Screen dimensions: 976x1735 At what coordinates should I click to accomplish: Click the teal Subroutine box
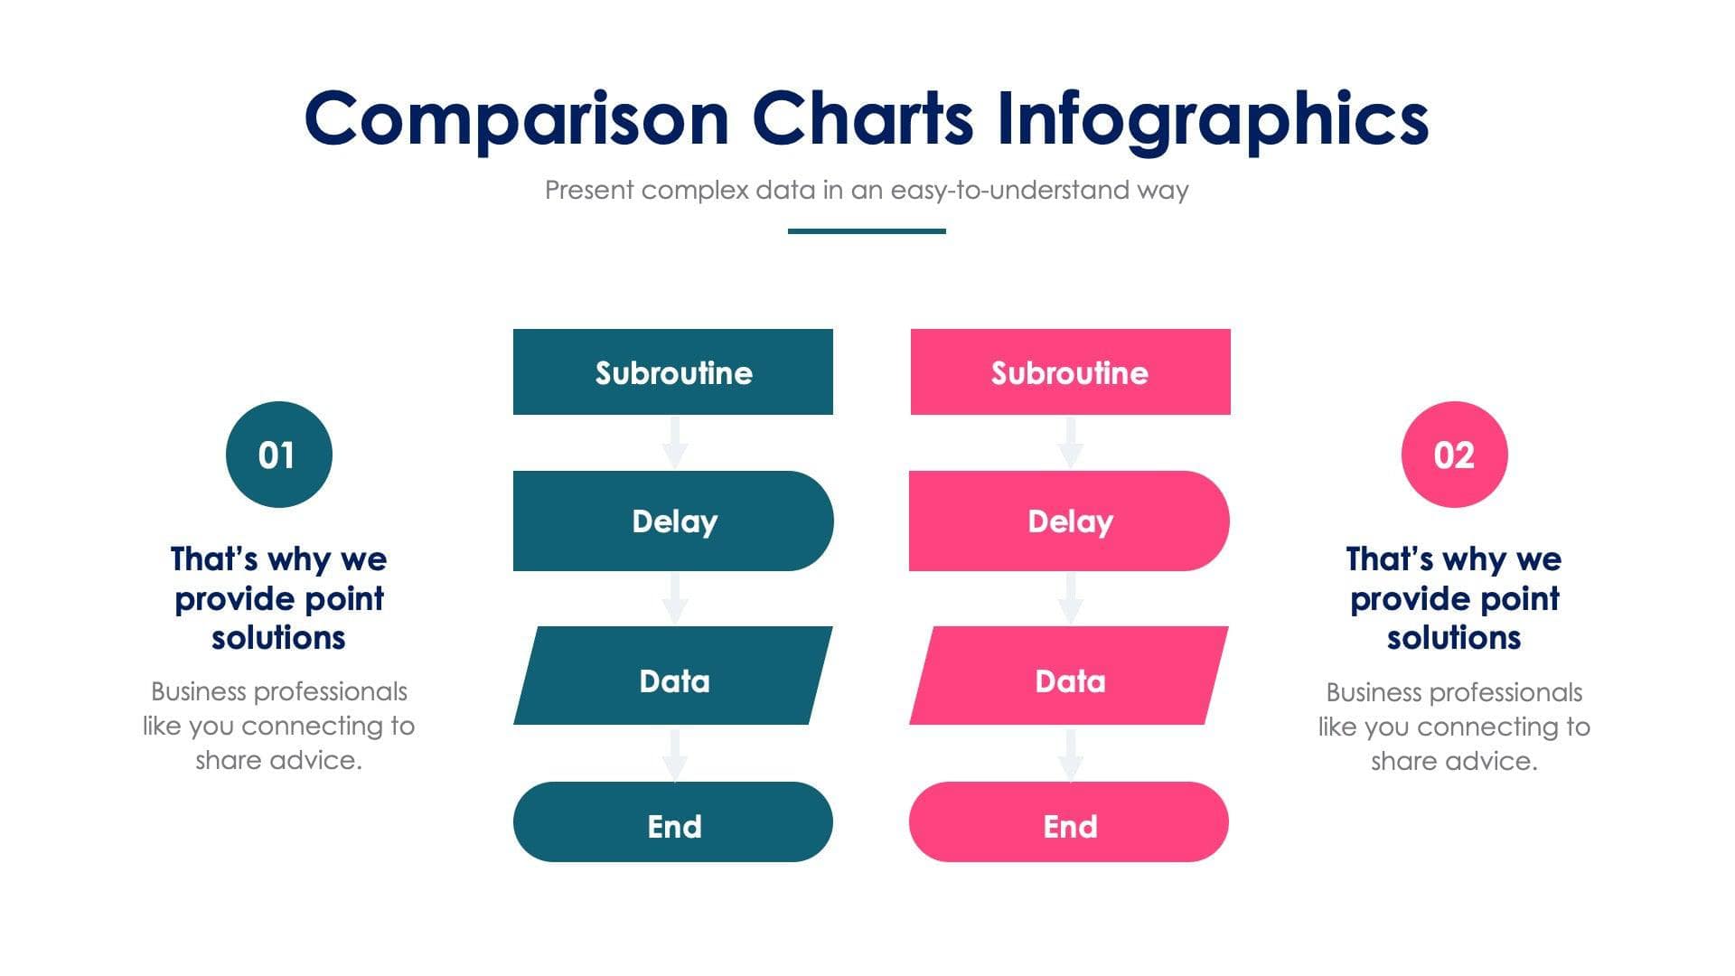coord(672,371)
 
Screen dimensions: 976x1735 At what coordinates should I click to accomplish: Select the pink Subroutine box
coord(1070,371)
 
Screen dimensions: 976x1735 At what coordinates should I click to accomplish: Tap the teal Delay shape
coord(672,521)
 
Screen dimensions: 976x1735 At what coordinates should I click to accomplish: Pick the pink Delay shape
coord(1069,521)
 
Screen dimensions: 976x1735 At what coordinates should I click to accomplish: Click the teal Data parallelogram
coord(673,676)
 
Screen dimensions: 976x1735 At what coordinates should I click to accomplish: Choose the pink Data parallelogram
coord(1069,676)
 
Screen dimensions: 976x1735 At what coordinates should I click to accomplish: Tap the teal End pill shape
coord(672,821)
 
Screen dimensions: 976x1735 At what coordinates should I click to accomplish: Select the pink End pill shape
coord(1069,821)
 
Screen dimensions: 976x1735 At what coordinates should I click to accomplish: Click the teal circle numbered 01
coord(278,455)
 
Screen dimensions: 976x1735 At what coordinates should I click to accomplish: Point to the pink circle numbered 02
coord(1454,455)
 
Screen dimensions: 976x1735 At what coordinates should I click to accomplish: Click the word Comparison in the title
coord(516,119)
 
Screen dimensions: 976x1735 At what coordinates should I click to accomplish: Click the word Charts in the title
coord(863,119)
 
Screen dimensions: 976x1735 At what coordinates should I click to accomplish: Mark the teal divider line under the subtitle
coord(867,231)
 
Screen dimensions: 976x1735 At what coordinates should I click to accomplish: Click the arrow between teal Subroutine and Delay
coord(674,443)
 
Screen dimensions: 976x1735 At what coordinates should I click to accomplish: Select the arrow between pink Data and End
coord(1070,755)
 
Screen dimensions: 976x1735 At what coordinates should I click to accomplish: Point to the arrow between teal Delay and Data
coord(674,598)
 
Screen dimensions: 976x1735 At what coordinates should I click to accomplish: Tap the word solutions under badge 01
coord(278,638)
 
